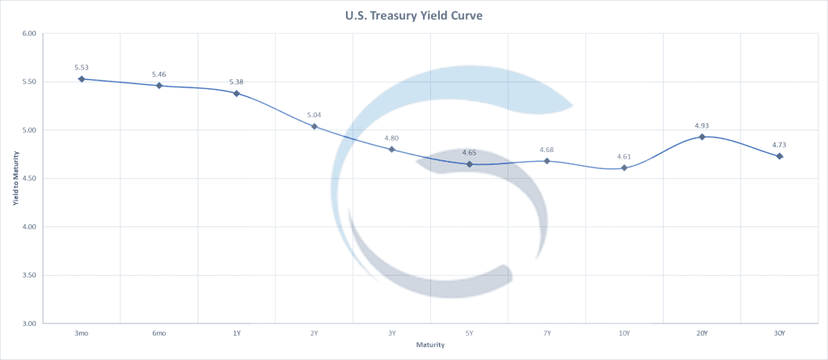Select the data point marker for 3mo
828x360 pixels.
coord(82,78)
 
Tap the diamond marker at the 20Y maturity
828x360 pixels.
coord(702,137)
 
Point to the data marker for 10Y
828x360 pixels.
coord(624,167)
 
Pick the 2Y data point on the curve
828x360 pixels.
coord(315,126)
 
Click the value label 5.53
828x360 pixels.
coord(82,66)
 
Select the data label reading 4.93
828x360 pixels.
coord(702,125)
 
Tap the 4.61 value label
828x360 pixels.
coord(624,156)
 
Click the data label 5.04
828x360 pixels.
coord(315,115)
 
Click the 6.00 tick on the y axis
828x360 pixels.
coord(30,34)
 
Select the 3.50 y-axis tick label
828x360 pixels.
coord(30,275)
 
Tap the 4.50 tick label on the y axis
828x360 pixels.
coord(30,179)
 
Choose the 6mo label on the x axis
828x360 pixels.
coord(159,333)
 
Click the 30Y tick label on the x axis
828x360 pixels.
coord(779,333)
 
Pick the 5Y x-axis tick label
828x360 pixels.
coord(469,333)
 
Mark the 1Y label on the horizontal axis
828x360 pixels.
coord(237,333)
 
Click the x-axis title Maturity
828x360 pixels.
coord(430,345)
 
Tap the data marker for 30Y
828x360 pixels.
coord(779,156)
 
